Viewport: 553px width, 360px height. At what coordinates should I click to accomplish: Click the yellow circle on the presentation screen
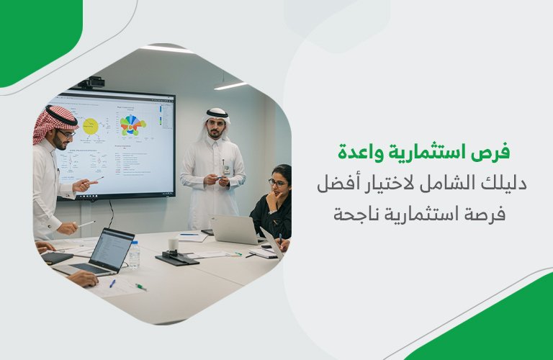[x=91, y=127]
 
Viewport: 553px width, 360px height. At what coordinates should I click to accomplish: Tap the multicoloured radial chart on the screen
[x=131, y=125]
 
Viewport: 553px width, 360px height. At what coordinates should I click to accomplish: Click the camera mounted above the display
[x=94, y=82]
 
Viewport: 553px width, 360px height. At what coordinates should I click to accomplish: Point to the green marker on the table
[x=139, y=287]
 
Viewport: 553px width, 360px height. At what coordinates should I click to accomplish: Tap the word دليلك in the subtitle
[x=506, y=184]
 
